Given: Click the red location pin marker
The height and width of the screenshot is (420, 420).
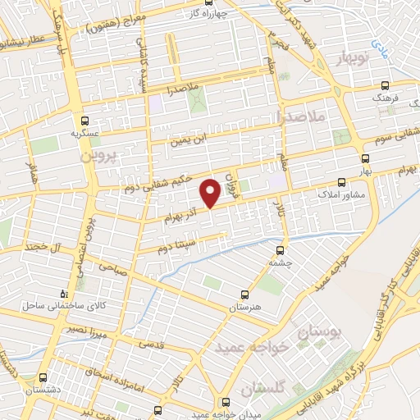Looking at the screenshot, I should pos(210,192).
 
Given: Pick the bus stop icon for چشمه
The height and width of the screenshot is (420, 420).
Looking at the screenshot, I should pos(280,250).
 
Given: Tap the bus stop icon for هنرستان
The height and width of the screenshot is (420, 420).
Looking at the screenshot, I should pos(244,293).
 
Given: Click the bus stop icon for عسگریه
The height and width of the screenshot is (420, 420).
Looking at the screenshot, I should pos(79,118).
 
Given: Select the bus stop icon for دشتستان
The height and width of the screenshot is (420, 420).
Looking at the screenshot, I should pos(43,378).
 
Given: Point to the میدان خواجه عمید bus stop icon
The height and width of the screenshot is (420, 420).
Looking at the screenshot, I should pos(226,402).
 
